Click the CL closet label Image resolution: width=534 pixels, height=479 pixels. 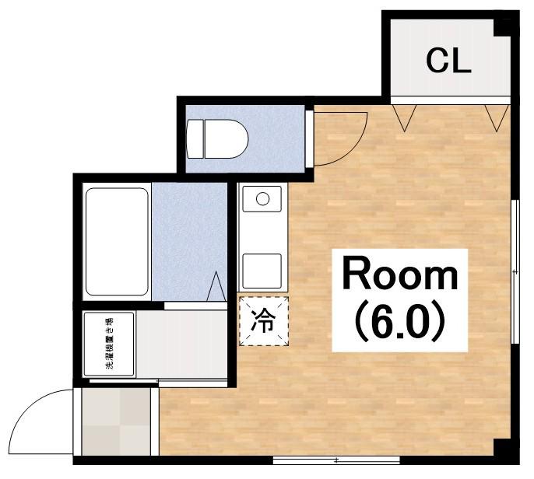click(448, 61)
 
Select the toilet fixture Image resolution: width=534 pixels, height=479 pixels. click(217, 138)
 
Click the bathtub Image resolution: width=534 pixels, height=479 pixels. click(117, 242)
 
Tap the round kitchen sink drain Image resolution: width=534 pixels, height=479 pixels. click(262, 199)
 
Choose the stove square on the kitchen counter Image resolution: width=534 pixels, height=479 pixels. click(262, 271)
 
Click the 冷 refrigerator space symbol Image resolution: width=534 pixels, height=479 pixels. click(264, 321)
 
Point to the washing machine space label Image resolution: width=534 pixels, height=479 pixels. click(109, 344)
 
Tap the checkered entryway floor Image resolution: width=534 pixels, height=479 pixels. click(116, 421)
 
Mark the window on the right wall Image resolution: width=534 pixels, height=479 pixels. click(515, 271)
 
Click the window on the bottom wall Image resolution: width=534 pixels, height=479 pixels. click(336, 460)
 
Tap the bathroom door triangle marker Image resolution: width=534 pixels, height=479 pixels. click(216, 286)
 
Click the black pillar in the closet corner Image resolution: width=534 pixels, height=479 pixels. click(502, 27)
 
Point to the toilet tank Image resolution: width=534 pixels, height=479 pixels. click(195, 138)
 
